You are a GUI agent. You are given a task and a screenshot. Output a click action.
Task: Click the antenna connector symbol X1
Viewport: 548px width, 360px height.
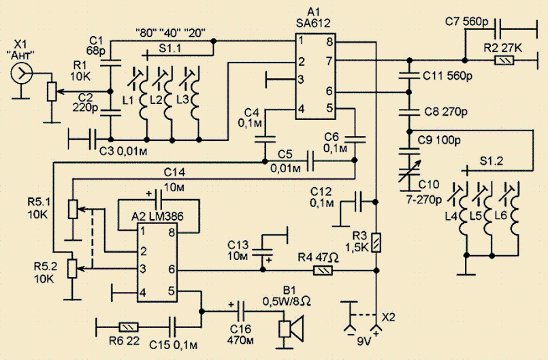(21, 73)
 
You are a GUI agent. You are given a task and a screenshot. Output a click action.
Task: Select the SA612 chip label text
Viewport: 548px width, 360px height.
(312, 23)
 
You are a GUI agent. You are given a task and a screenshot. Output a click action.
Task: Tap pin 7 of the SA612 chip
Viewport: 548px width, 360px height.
(329, 61)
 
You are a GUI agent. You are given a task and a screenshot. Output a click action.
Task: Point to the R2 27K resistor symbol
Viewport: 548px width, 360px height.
(504, 61)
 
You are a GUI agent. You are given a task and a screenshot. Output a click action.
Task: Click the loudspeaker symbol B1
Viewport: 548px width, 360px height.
(291, 328)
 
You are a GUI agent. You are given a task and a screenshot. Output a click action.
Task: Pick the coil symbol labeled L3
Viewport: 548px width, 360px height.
(195, 99)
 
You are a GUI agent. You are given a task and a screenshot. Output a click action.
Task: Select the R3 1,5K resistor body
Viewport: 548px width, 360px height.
(376, 242)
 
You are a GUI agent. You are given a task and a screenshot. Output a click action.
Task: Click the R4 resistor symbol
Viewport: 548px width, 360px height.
(323, 270)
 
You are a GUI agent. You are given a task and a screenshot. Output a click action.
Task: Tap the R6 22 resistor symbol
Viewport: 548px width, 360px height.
(129, 327)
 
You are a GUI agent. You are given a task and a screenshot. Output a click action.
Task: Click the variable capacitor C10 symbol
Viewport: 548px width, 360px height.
(410, 172)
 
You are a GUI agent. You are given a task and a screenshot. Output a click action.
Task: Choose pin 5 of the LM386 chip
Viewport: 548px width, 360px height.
(171, 291)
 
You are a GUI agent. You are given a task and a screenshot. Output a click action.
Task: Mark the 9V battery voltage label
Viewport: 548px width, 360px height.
(364, 341)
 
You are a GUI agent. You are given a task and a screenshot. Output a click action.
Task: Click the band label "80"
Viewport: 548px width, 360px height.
(146, 33)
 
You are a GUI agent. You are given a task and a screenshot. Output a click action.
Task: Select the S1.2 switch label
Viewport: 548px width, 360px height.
(491, 161)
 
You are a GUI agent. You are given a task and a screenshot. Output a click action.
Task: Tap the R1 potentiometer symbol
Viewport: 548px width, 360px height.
(52, 92)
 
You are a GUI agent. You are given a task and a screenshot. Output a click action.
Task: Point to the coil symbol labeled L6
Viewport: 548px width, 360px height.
(514, 216)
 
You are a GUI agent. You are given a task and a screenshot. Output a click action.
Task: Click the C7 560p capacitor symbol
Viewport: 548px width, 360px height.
(499, 29)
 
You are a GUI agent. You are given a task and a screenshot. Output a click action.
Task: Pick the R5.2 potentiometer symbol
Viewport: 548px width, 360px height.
(72, 268)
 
